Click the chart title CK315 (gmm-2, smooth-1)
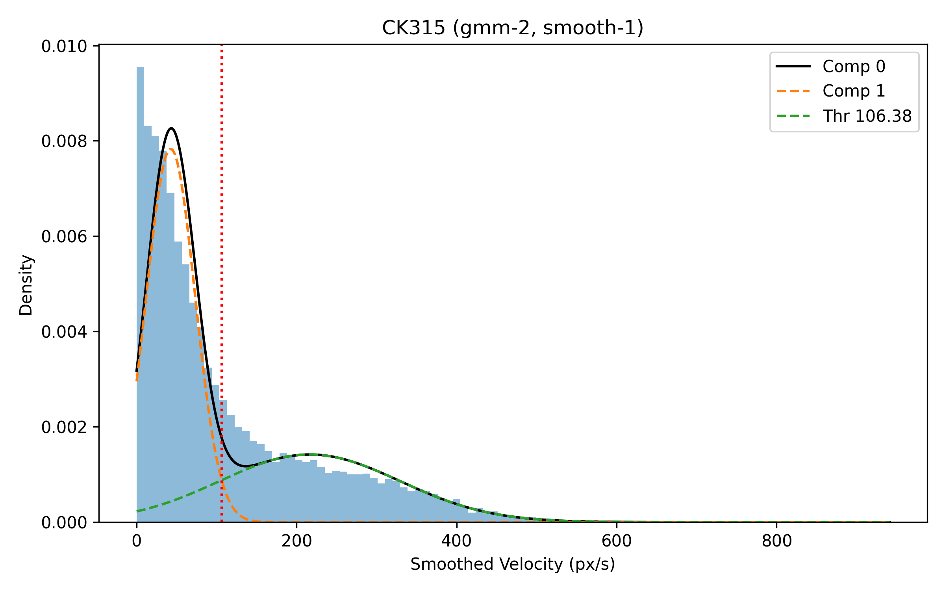point(513,28)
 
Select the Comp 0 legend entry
point(854,67)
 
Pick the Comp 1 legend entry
point(854,91)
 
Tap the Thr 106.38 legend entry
point(867,116)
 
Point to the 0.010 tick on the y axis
point(64,46)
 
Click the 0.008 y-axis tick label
point(64,141)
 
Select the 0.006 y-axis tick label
point(64,237)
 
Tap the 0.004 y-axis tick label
point(64,332)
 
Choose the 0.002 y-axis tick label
point(64,427)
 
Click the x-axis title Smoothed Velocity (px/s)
point(513,565)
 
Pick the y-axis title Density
point(26,285)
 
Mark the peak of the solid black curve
point(171,128)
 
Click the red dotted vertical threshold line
point(222,276)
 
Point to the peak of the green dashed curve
point(311,454)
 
